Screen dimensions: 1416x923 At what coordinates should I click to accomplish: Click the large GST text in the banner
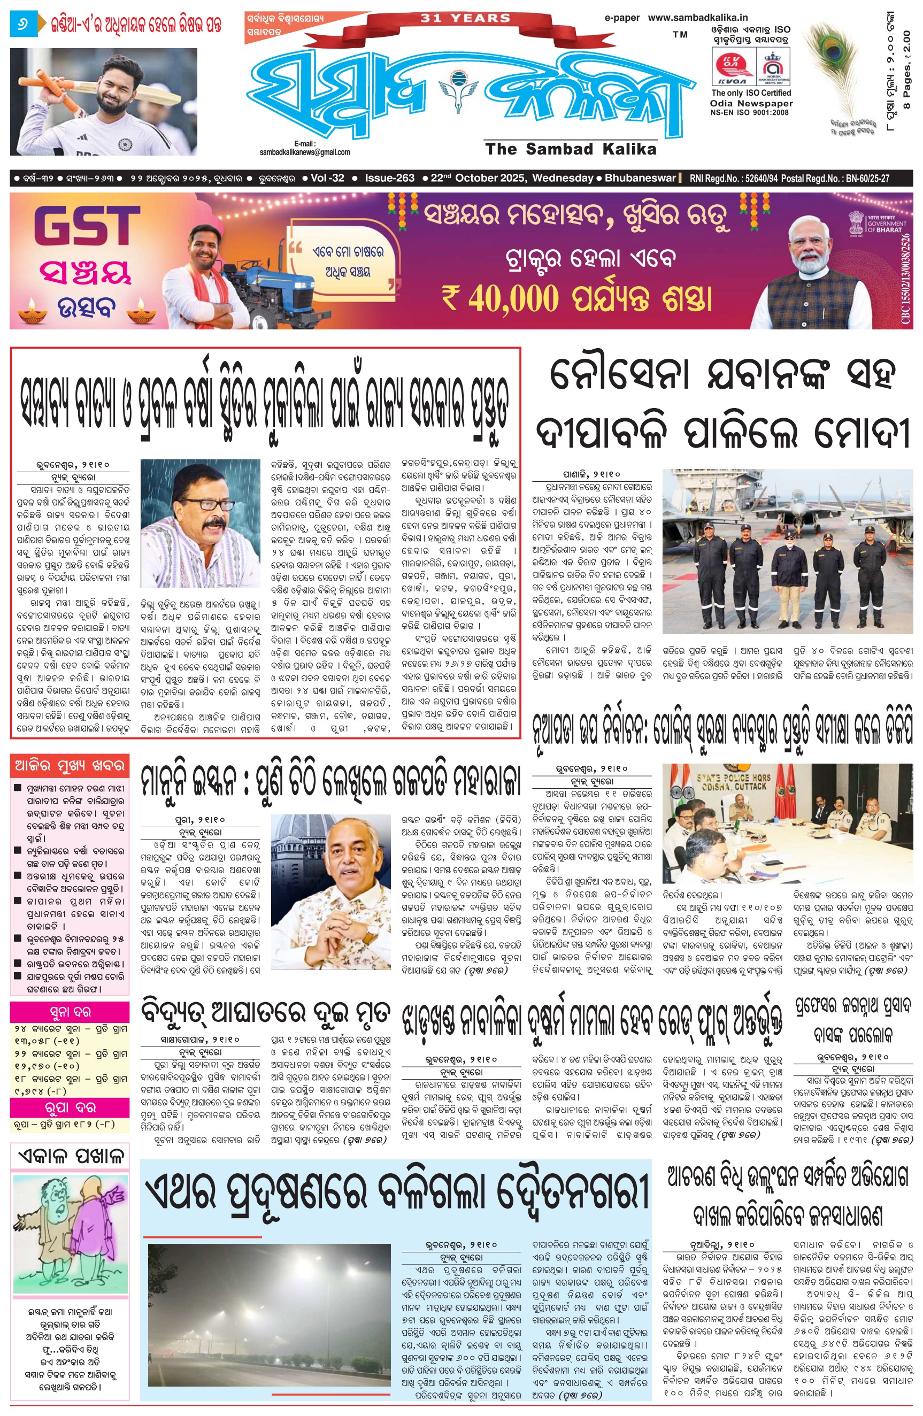[86, 226]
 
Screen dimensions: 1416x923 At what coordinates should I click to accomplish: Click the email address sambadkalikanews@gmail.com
[305, 152]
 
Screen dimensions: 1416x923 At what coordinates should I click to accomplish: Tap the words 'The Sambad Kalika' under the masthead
[570, 149]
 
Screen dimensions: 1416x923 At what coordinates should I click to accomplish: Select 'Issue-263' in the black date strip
[389, 178]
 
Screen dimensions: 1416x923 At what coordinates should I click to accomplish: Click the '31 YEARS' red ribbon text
[465, 18]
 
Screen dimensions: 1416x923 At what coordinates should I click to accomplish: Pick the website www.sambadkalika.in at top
[697, 18]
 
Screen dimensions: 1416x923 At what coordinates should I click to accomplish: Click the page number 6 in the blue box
[23, 25]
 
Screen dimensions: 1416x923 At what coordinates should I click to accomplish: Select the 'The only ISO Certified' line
[751, 94]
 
